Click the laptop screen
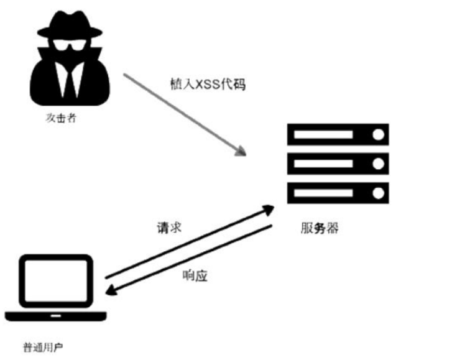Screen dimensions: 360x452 [57, 279]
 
